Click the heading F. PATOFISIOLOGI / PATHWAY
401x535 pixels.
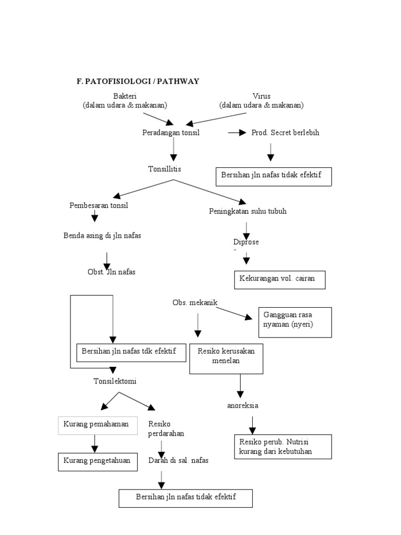[x=138, y=82]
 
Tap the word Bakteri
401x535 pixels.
[x=124, y=96]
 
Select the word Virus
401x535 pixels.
[x=261, y=96]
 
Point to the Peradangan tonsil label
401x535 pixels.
[x=171, y=133]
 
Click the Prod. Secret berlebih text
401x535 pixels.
[x=285, y=133]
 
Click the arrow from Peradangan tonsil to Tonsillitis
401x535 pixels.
[x=173, y=150]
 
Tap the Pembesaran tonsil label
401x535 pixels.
[x=99, y=205]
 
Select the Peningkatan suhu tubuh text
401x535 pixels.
[x=247, y=212]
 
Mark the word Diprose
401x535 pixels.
[x=246, y=242]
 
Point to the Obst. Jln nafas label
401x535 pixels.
[x=112, y=272]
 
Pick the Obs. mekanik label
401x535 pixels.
[x=195, y=303]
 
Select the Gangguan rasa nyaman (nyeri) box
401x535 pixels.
[x=294, y=322]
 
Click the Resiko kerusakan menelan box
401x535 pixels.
[x=226, y=358]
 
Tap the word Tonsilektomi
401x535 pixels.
[x=114, y=381]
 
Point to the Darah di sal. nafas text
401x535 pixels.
[x=181, y=460]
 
